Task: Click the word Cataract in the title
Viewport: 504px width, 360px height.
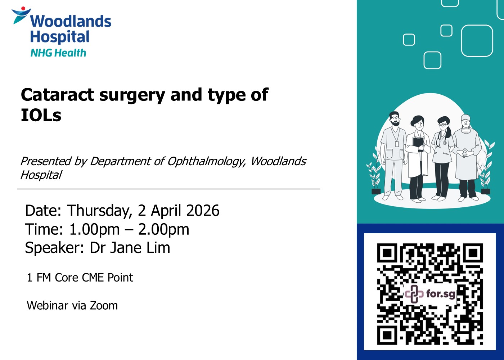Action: (x=57, y=95)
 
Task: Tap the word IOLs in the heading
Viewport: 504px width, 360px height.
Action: (x=41, y=115)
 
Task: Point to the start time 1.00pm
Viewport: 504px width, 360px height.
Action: (x=94, y=230)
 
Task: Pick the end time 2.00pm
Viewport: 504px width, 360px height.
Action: (x=163, y=230)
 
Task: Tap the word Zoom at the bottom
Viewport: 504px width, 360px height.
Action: (x=104, y=306)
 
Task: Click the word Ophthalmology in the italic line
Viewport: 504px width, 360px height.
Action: (x=206, y=162)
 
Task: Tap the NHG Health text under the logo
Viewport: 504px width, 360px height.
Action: (x=58, y=53)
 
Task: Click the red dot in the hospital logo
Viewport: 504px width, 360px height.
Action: (x=23, y=9)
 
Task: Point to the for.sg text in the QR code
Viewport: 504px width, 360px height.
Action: (x=441, y=294)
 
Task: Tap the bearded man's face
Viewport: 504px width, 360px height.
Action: (x=395, y=120)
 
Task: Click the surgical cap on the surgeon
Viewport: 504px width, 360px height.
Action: (x=465, y=117)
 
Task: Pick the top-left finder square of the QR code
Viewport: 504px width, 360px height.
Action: (x=387, y=253)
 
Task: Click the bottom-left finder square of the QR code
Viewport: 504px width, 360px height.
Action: (x=387, y=335)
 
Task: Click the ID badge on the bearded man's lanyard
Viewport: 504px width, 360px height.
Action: (x=397, y=144)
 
